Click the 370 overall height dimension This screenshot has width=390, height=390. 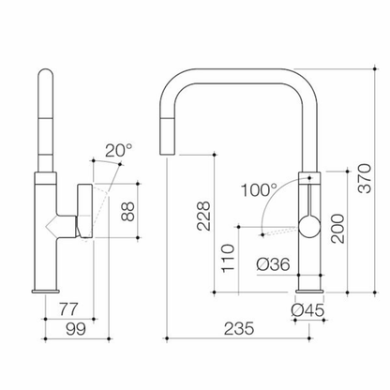coord(365,178)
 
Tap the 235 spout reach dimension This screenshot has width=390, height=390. coord(239,328)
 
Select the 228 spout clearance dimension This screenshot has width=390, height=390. coord(203,216)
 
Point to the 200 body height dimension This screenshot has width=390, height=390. coord(337,229)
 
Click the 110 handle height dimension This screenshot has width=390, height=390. coord(228,258)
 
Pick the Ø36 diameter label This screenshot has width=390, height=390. coord(273,264)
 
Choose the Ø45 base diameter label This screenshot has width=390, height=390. coord(307,310)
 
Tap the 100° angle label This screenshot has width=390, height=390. coord(259,190)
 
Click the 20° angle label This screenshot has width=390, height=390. coord(118,151)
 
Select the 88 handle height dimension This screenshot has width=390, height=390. coord(127,212)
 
